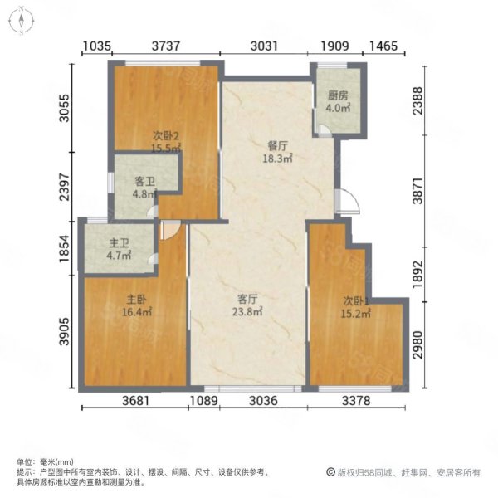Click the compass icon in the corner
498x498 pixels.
click(21, 22)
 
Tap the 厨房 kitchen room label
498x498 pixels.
click(338, 95)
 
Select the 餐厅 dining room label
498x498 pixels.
click(277, 146)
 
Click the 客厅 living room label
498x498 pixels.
click(247, 299)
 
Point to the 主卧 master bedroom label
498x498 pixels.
click(137, 300)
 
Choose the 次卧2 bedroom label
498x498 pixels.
click(166, 136)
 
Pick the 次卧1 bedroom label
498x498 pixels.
click(356, 300)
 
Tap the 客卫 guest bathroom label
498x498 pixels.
click(144, 182)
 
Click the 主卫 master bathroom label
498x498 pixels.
click(119, 243)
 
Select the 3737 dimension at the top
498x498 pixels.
click(165, 46)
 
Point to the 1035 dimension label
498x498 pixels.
click(97, 46)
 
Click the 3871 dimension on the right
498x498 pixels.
click(418, 191)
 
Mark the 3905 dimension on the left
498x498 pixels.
click(65, 331)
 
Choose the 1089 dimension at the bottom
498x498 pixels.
click(203, 401)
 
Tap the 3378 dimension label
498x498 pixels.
click(356, 401)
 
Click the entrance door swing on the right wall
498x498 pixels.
click(348, 201)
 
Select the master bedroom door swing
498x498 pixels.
click(170, 230)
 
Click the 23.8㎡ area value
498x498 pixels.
click(247, 312)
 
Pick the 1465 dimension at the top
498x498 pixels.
click(383, 46)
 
